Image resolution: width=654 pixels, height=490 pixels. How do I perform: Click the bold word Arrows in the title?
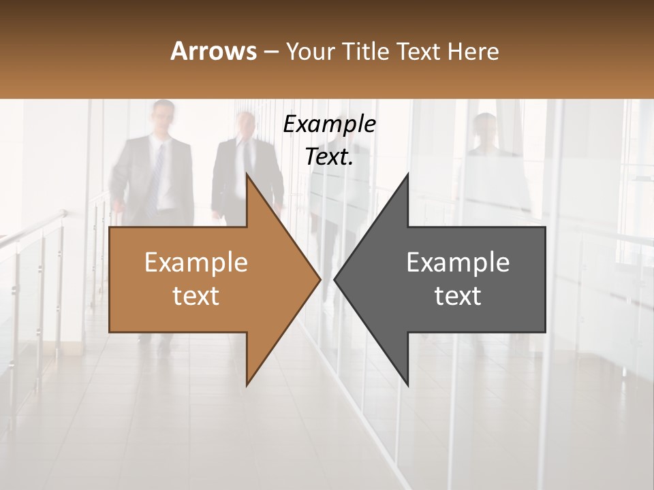point(213,51)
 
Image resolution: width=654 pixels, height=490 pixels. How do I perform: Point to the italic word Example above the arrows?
point(329,125)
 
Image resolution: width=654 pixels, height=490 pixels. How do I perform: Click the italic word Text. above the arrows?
point(329,157)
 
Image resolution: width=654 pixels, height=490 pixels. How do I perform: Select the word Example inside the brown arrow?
point(196,262)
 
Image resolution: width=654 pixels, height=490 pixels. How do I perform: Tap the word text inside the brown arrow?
point(196,296)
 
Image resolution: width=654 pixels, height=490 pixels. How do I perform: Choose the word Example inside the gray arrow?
point(458,262)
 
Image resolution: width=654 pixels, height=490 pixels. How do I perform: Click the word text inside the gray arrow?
point(458,296)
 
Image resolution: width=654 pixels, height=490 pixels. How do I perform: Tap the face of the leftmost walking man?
point(163,119)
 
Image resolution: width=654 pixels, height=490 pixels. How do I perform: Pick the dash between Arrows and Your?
point(270,52)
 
